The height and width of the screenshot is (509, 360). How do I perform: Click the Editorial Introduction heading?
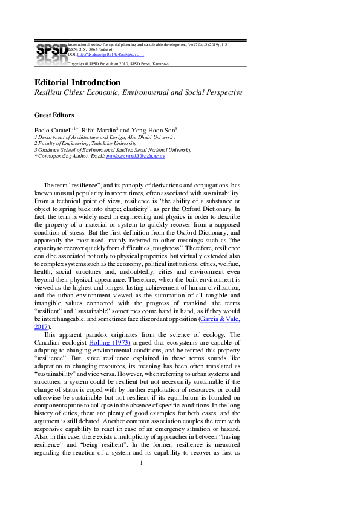77,82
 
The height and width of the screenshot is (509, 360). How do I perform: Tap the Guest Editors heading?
54,114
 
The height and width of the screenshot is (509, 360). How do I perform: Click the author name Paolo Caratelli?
57,129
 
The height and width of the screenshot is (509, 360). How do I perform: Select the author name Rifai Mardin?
100,129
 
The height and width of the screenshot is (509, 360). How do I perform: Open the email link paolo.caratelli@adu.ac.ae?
136,156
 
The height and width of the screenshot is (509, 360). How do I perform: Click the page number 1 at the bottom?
141,480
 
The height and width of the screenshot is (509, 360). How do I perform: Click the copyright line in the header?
119,63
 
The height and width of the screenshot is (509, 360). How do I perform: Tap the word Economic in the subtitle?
105,93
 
